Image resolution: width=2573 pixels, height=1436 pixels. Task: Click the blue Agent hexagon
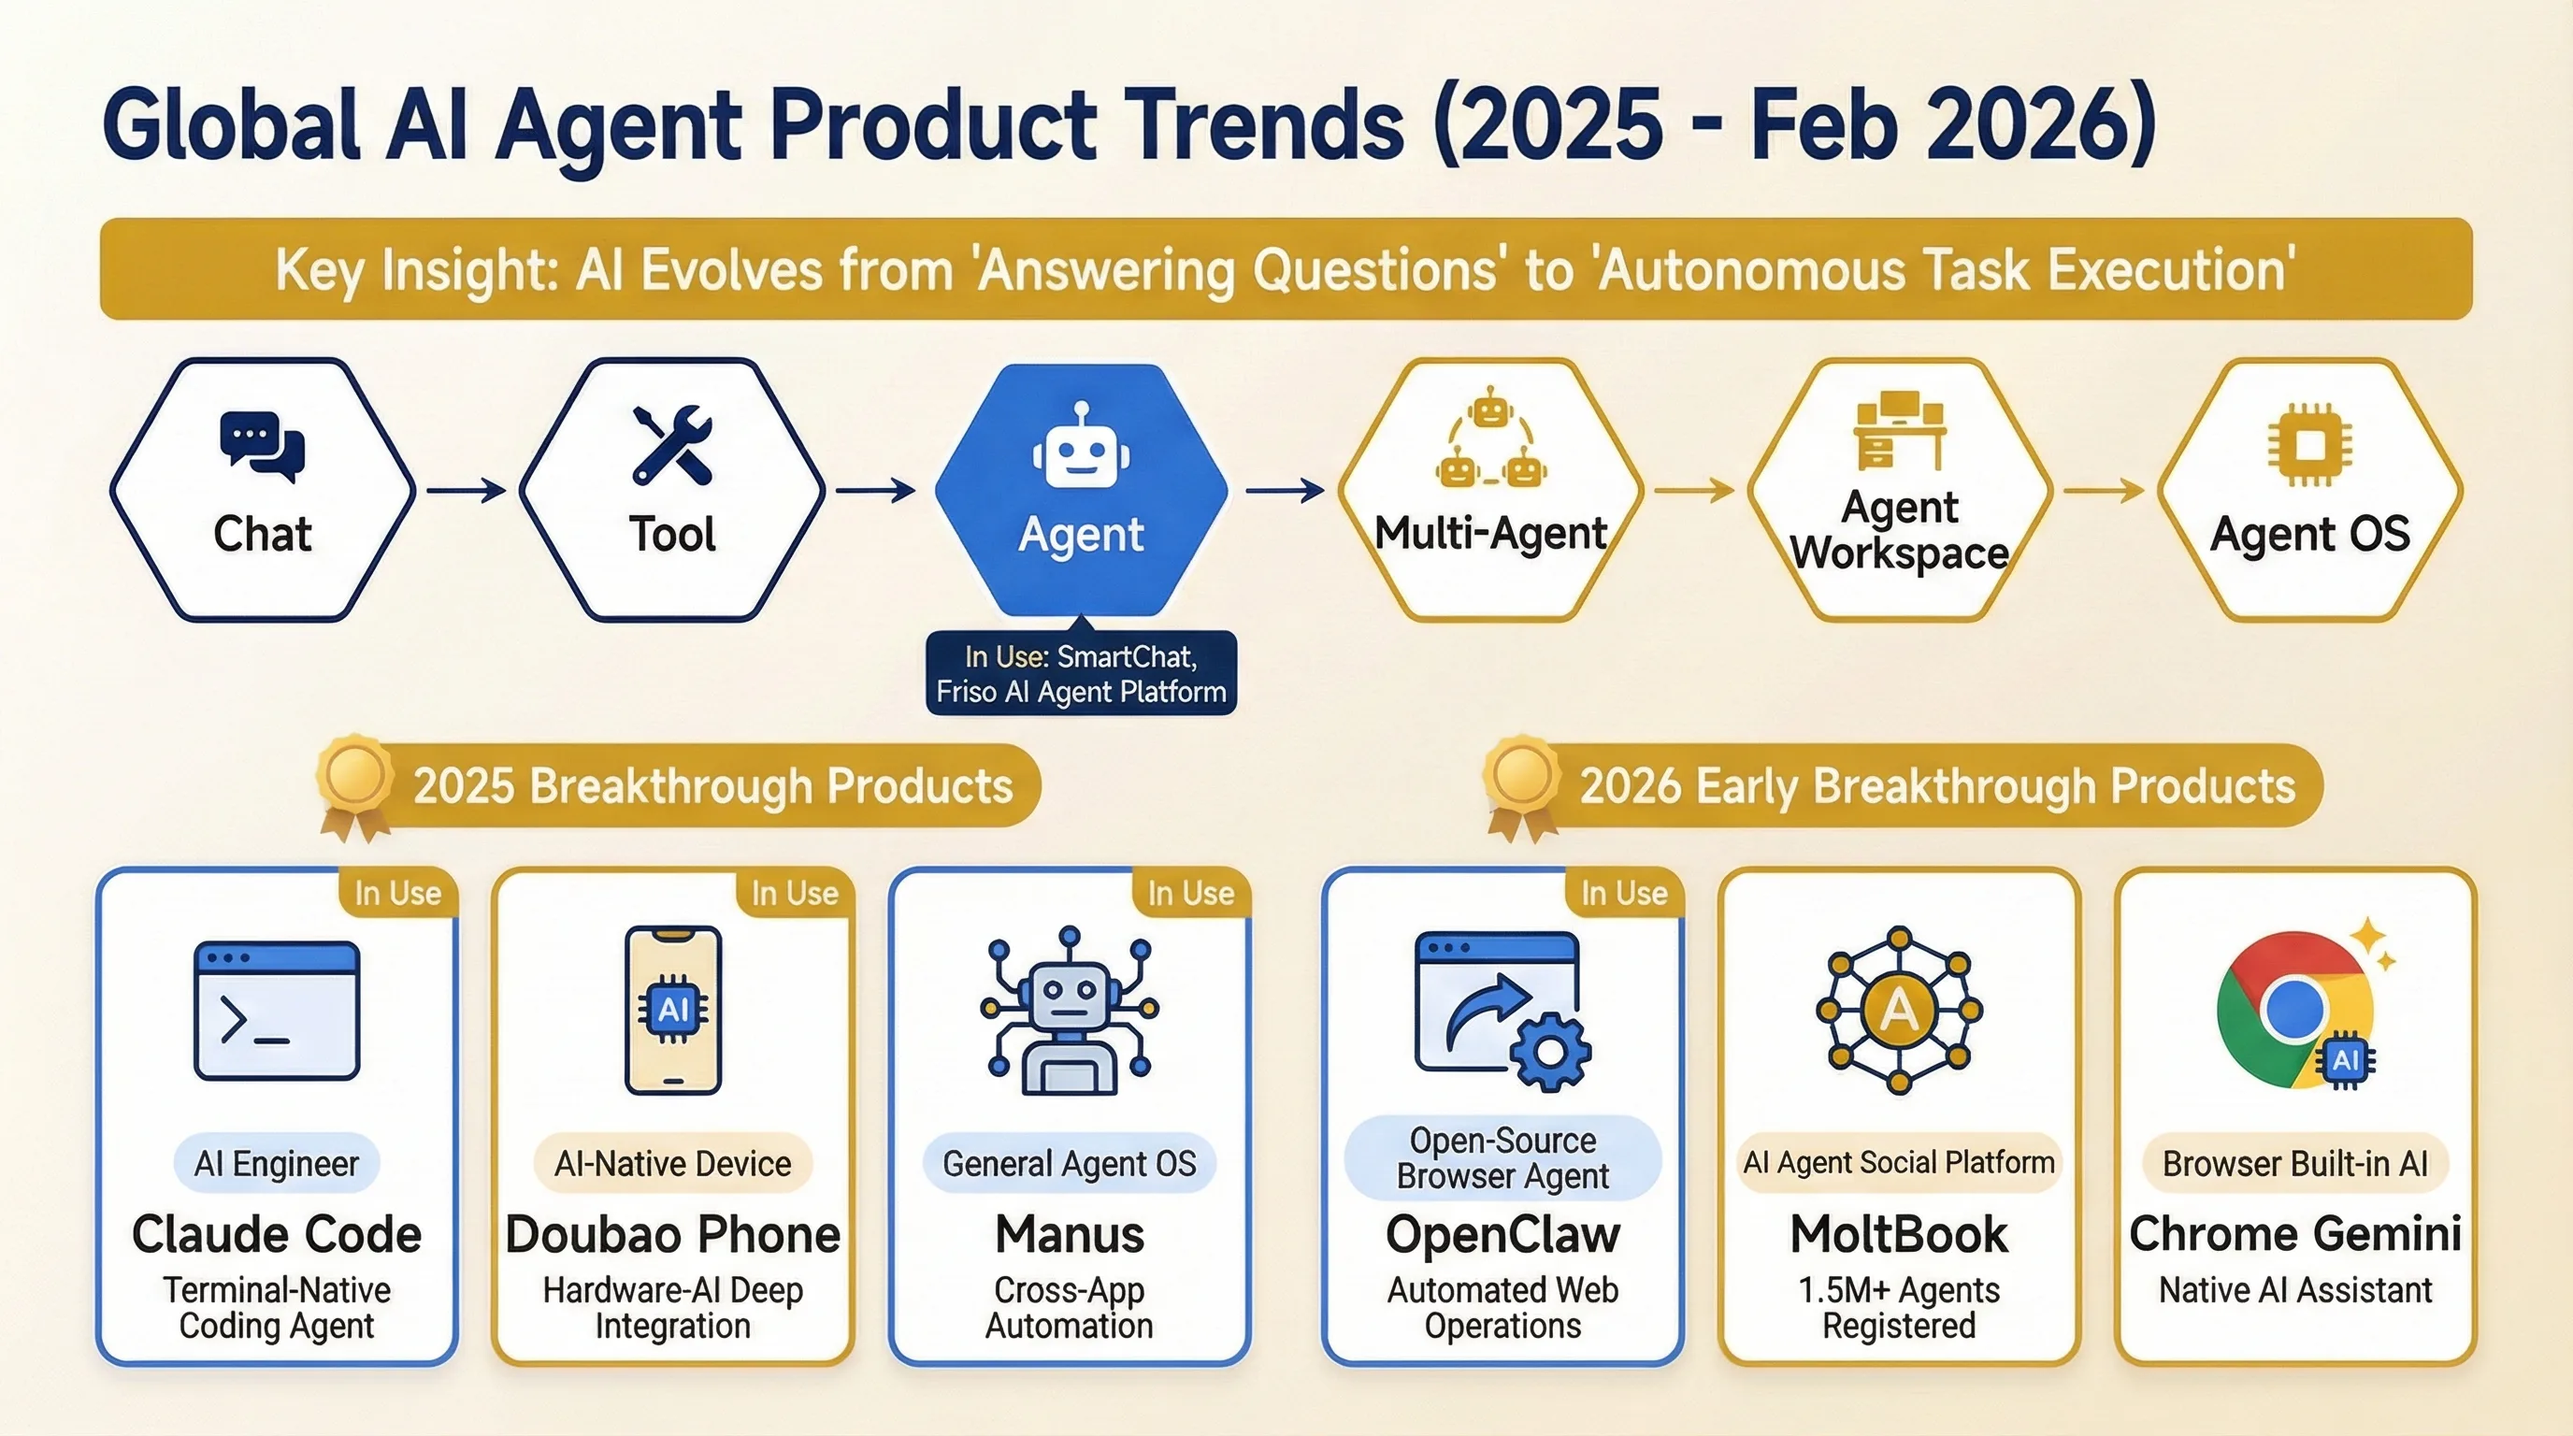click(x=1081, y=489)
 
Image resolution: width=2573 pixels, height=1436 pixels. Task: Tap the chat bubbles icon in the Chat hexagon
click(x=262, y=445)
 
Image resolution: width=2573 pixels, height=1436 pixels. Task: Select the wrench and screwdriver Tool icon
click(x=672, y=444)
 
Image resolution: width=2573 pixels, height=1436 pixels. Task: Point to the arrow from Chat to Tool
click(x=467, y=490)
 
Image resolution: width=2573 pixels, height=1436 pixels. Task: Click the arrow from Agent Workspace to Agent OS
click(x=2104, y=490)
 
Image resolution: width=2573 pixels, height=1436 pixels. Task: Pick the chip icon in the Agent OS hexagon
click(x=2308, y=443)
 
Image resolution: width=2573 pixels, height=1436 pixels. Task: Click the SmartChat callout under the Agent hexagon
click(x=1081, y=674)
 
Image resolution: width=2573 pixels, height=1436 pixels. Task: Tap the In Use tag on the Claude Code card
click(x=397, y=893)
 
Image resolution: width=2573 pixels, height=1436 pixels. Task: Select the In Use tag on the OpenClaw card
click(x=1624, y=893)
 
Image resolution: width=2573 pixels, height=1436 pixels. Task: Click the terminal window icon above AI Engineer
click(x=277, y=1011)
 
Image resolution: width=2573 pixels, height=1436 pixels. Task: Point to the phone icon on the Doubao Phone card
click(x=672, y=1011)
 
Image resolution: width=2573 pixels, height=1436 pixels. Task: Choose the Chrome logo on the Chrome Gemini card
click(x=2295, y=1011)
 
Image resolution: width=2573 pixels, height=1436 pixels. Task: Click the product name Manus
click(x=1070, y=1234)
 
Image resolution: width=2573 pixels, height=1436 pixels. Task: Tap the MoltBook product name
click(x=1898, y=1234)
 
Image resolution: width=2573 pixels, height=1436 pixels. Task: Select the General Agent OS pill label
click(x=1069, y=1163)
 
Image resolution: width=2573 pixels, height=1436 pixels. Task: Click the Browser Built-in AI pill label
click(x=2294, y=1163)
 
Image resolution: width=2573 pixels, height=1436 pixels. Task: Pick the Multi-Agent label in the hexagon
click(x=1490, y=533)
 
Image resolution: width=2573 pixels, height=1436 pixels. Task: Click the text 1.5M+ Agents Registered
click(x=1898, y=1308)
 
